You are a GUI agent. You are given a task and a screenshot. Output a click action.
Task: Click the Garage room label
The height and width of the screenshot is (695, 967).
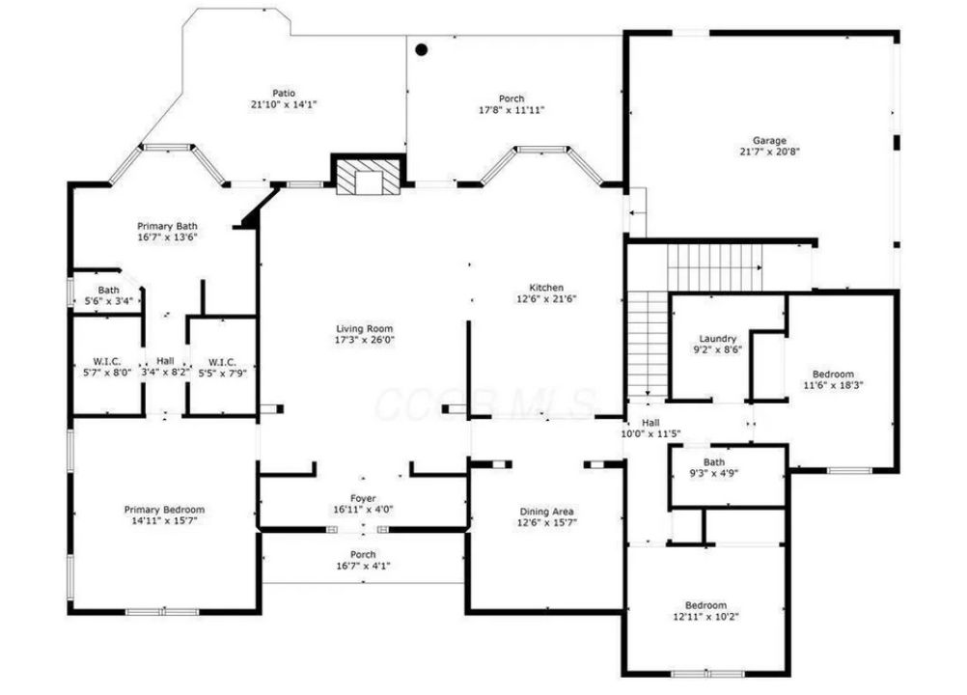tap(769, 141)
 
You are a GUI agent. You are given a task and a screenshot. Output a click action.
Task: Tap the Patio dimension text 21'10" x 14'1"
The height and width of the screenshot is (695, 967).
tap(284, 105)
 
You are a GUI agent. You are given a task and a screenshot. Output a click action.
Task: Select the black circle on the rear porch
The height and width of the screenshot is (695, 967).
tap(421, 50)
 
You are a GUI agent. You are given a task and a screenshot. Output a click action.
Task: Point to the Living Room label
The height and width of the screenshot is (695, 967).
tap(364, 329)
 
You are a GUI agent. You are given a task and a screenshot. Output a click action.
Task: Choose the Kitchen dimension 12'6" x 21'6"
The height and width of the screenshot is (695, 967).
tap(546, 299)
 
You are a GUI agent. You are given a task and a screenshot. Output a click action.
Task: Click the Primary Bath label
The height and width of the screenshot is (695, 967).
tap(167, 226)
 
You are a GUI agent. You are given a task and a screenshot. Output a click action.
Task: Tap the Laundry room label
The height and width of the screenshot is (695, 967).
tap(718, 339)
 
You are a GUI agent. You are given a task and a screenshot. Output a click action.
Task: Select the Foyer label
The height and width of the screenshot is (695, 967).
tap(363, 498)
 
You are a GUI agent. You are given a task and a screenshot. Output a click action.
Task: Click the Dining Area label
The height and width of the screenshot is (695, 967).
tap(546, 512)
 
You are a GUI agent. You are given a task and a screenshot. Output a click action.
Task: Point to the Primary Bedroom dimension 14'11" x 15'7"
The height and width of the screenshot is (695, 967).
tap(164, 521)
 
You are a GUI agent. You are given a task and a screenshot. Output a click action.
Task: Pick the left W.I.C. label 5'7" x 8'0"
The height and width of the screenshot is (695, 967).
tap(107, 367)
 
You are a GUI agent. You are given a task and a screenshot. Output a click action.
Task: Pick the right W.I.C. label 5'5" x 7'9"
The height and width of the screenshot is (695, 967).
tap(222, 367)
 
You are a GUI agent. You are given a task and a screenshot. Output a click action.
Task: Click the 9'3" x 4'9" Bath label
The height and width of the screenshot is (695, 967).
tap(714, 468)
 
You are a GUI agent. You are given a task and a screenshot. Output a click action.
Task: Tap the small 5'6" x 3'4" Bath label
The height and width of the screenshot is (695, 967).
tap(108, 295)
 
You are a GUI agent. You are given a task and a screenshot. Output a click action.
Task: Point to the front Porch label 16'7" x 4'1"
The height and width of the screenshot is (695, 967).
tap(363, 560)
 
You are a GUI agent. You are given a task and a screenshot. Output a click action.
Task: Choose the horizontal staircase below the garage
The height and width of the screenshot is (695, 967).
tap(715, 267)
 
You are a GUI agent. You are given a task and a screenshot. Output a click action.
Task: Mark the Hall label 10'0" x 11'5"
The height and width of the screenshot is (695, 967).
tap(650, 428)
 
